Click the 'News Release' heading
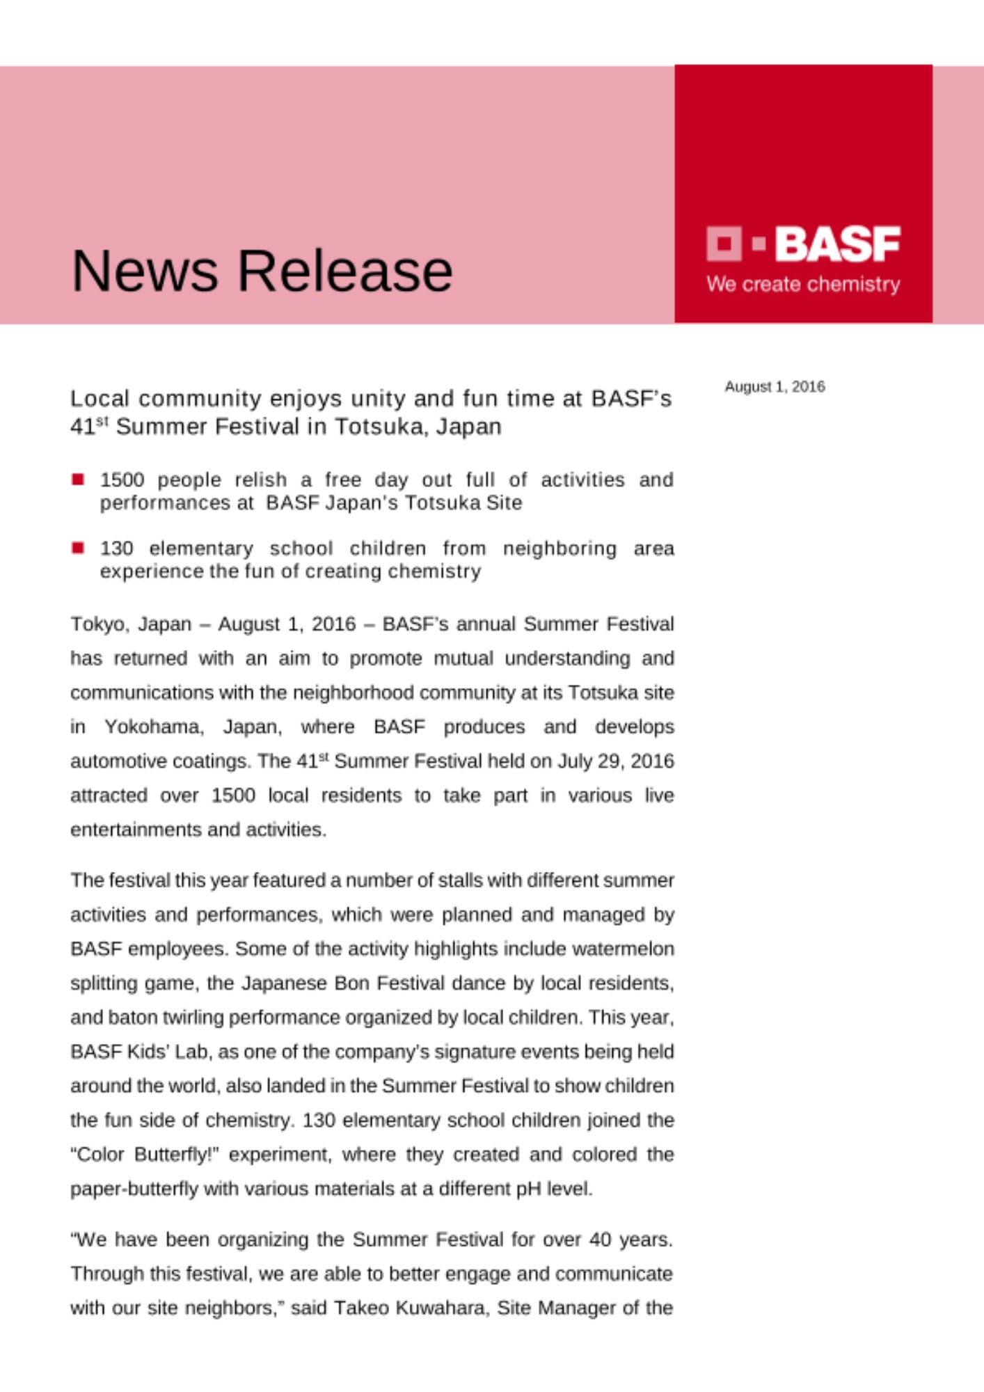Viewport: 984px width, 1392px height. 262,271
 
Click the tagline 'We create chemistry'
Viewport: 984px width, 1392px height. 803,284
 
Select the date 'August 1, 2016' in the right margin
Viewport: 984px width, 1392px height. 775,387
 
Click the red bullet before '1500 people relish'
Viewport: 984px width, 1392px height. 78,479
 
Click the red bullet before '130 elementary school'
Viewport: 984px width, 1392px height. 78,548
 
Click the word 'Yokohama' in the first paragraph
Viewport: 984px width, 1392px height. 154,727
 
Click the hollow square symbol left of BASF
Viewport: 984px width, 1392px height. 724,244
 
